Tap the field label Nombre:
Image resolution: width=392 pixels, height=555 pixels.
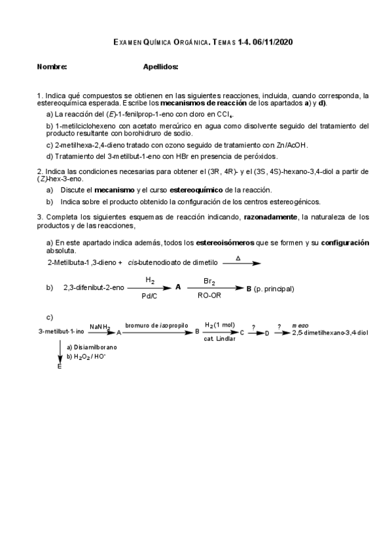click(x=52, y=67)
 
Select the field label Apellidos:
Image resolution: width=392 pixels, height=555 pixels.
click(x=160, y=67)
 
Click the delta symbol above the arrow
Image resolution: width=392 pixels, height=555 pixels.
click(x=238, y=258)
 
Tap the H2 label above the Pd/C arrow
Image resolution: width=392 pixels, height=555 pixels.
click(x=150, y=281)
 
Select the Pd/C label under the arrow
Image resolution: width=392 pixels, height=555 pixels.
click(x=150, y=296)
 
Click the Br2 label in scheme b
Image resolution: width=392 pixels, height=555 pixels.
click(x=209, y=281)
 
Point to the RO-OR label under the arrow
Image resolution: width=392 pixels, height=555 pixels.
click(x=209, y=296)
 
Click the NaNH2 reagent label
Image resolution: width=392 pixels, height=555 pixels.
click(x=100, y=326)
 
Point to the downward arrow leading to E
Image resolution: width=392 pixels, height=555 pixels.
click(x=60, y=353)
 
